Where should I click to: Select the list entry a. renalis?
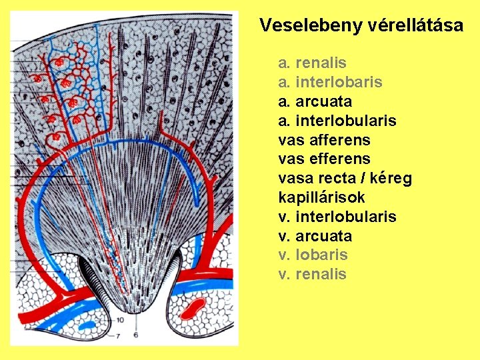(312, 63)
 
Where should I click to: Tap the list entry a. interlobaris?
(330, 83)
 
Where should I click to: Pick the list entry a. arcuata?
(315, 102)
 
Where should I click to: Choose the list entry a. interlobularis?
(337, 121)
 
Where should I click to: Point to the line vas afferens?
(324, 141)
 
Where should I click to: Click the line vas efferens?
(324, 159)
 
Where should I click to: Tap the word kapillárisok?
(321, 198)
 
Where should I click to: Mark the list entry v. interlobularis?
(337, 217)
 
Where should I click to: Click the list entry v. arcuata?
(315, 237)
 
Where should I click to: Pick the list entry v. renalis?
(312, 275)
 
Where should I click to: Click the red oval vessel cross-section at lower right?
(193, 308)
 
